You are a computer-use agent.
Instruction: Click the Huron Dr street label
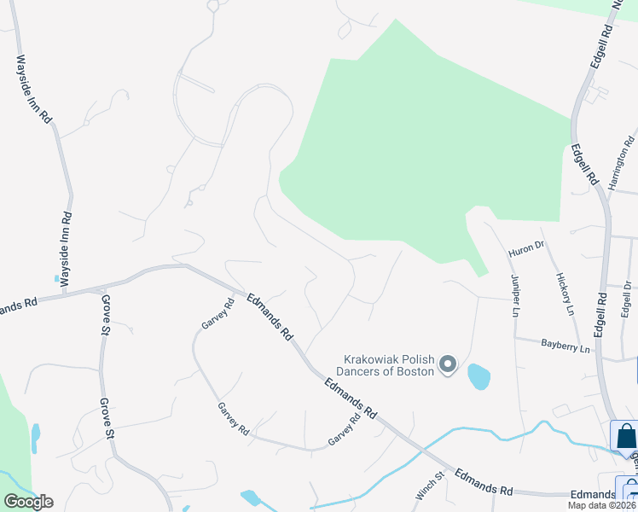pos(525,248)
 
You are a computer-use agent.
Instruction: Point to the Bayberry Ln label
pos(565,346)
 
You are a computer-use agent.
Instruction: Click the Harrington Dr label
pos(623,162)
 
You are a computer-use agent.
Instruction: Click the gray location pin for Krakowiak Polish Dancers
pos(448,365)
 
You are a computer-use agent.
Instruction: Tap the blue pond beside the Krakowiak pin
pos(478,375)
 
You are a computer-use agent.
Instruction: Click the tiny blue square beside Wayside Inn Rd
pos(55,278)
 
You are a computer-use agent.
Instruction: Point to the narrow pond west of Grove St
pos(35,437)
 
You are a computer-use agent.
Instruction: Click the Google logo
pos(28,502)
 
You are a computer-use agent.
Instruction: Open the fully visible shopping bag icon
pos(625,436)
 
